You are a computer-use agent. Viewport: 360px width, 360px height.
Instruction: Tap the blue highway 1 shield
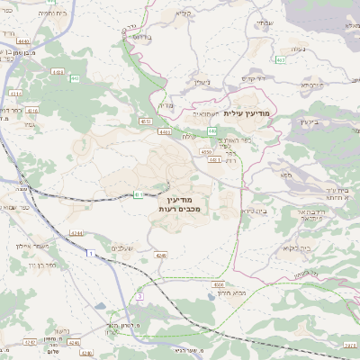pyautogui.click(x=90, y=255)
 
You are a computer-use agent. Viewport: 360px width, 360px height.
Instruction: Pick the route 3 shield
pyautogui.click(x=139, y=295)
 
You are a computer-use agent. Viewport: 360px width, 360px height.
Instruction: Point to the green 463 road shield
pyautogui.click(x=281, y=60)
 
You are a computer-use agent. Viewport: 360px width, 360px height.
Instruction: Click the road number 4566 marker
pyautogui.click(x=218, y=283)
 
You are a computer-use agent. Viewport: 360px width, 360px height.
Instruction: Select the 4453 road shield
pyautogui.click(x=58, y=71)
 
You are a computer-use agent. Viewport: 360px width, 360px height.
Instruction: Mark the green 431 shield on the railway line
pyautogui.click(x=138, y=193)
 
